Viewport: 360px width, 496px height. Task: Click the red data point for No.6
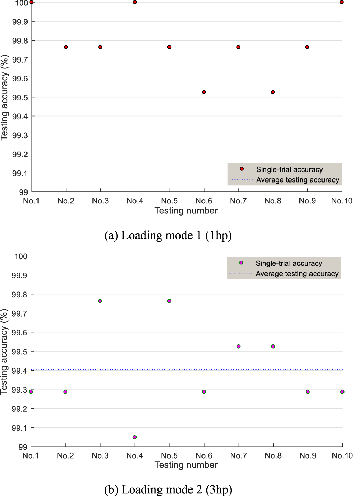tap(204, 92)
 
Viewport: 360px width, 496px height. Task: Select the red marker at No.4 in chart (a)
tap(135, 2)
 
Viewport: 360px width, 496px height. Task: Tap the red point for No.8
tap(273, 92)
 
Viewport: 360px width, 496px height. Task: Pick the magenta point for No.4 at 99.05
tap(134, 437)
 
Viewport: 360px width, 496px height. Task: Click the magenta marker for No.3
tap(100, 301)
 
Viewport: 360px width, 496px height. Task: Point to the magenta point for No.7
tap(239, 346)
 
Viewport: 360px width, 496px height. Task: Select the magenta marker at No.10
tap(342, 392)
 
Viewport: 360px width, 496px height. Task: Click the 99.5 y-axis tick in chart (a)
tap(20, 97)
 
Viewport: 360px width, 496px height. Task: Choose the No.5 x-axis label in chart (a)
tap(169, 201)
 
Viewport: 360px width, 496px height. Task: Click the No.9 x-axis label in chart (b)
tap(307, 455)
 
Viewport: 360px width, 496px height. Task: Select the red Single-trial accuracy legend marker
tap(242, 169)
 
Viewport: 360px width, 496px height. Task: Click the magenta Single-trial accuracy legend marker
tap(241, 263)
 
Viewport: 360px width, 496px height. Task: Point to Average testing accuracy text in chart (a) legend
tap(297, 180)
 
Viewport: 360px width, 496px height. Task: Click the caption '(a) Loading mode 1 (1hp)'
tap(168, 235)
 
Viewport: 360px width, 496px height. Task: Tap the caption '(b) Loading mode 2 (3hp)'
tap(168, 489)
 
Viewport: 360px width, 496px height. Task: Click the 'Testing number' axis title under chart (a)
tap(186, 211)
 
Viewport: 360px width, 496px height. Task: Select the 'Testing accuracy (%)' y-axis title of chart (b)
tap(4, 351)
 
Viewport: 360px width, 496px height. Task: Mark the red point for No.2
tap(66, 47)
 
